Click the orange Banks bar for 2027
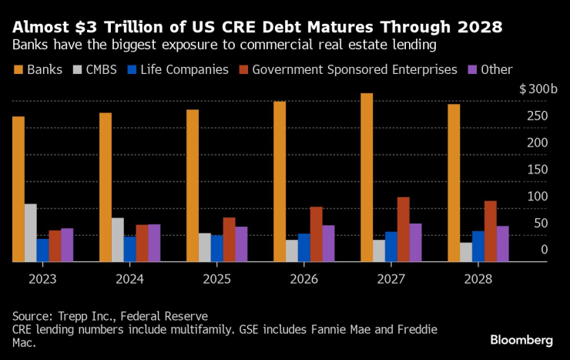(x=367, y=177)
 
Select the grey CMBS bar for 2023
(x=31, y=233)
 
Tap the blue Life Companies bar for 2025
(x=217, y=248)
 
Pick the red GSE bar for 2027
(x=404, y=230)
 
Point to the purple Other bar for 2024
(x=154, y=243)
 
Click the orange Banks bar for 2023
(x=18, y=189)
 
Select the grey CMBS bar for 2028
(x=466, y=252)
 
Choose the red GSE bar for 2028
(x=491, y=231)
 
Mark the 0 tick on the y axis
(x=545, y=250)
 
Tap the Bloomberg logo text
(x=521, y=340)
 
